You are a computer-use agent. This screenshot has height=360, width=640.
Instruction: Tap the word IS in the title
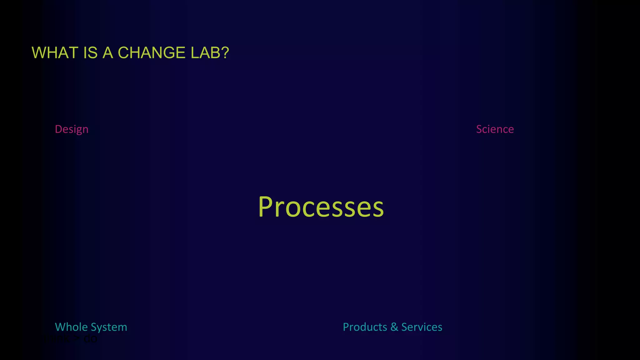(x=90, y=53)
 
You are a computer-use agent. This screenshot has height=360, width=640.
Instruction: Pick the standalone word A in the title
(x=108, y=53)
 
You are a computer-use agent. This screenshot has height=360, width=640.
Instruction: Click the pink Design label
(x=72, y=129)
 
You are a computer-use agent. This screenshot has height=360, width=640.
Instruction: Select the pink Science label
(x=495, y=129)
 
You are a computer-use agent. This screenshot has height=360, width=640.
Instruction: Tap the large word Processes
(x=321, y=207)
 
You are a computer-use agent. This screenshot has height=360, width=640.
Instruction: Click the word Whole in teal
(x=71, y=327)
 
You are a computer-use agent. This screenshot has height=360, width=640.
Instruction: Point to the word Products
(x=365, y=327)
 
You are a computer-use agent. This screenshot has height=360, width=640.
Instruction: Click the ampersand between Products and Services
(x=394, y=327)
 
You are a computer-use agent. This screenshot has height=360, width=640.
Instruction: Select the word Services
(x=422, y=327)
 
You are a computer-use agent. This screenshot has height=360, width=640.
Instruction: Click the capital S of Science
(x=479, y=129)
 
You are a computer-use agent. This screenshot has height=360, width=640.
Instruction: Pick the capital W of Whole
(x=60, y=327)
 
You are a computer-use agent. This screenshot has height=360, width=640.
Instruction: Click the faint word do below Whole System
(x=90, y=339)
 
